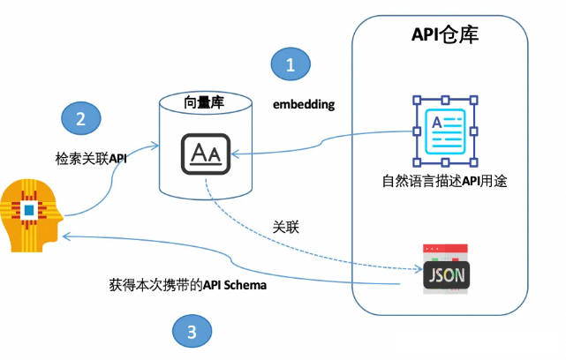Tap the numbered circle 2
81,119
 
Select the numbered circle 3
191,332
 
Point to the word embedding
304,104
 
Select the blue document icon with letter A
445,130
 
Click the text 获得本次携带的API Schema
186,287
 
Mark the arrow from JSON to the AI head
221,257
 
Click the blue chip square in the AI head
29,210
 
